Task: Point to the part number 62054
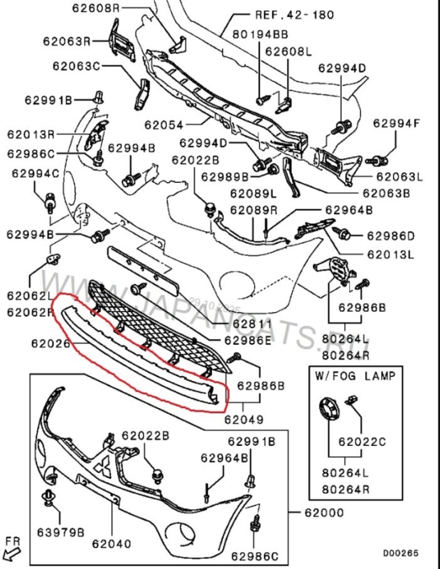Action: tap(166, 124)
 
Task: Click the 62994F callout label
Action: tap(397, 123)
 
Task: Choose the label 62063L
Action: tap(399, 176)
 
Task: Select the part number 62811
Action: tap(247, 324)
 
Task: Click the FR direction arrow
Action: tap(12, 548)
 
